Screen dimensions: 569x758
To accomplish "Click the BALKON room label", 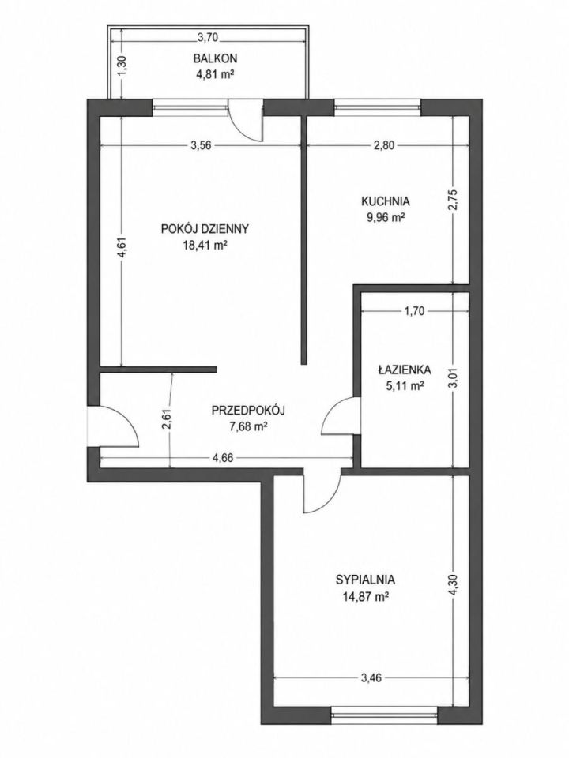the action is coord(215,58).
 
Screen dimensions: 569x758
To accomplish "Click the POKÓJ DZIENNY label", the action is coord(205,228).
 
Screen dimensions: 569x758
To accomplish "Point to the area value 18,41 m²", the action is coord(205,245).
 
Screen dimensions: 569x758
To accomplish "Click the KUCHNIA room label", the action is coord(386,201).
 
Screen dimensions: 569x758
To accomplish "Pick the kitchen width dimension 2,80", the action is coord(385,145).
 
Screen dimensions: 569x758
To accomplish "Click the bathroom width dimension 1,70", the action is coord(414,311).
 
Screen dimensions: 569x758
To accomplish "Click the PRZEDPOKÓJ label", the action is coord(248,411).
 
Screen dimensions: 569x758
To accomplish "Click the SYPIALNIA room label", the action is coord(366,579).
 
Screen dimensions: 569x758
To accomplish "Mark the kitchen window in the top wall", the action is coord(377,107).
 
